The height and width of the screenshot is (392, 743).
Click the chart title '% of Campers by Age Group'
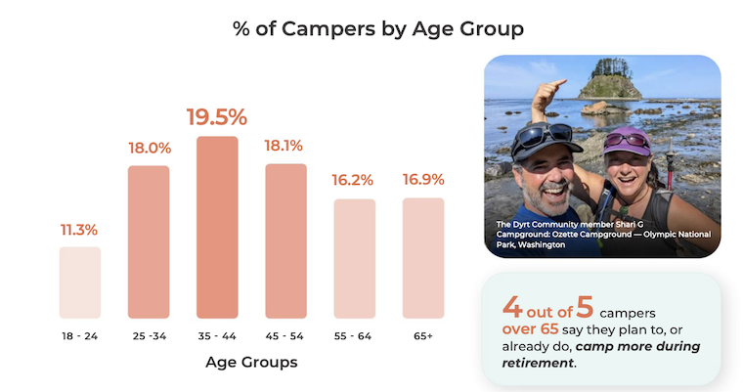371,27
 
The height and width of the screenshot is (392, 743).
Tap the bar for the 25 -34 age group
149,241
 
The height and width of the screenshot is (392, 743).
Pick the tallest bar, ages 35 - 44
217,227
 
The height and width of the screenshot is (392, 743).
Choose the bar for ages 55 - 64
354,258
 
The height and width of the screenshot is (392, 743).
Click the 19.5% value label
217,117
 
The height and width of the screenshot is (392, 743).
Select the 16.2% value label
354,181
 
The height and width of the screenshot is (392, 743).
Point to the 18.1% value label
285,147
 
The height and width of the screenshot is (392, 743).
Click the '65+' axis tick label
422,334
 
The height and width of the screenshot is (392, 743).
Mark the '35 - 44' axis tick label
217,334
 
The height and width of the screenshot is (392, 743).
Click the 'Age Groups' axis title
251,362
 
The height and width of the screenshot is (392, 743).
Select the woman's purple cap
626,140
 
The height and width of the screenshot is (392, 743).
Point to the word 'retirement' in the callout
537,363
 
